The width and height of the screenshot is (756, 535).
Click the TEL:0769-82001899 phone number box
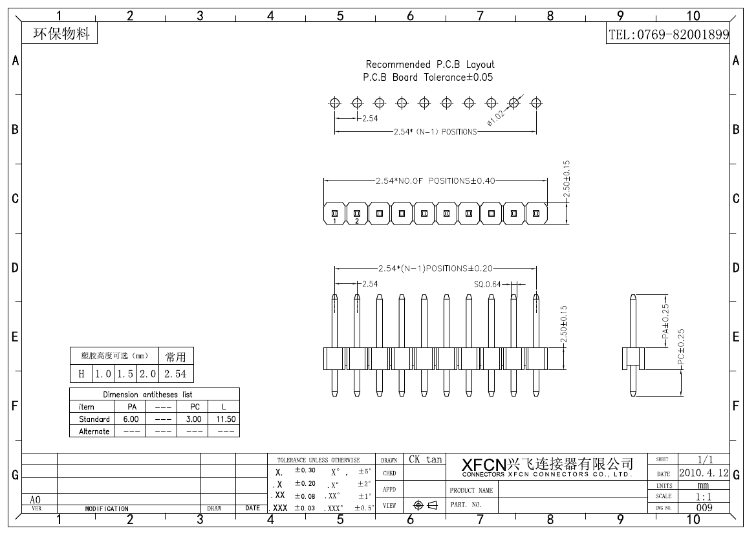pos(669,35)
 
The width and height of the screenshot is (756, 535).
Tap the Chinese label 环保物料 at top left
pos(61,34)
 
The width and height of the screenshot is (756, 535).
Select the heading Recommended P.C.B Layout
pos(430,65)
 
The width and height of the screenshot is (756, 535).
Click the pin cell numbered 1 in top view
pos(334,213)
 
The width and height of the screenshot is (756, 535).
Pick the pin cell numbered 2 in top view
pos(357,213)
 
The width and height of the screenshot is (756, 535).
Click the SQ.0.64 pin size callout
pos(488,284)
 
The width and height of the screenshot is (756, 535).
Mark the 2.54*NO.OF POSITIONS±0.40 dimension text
pos(435,181)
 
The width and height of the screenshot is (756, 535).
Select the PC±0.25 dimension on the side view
pos(680,349)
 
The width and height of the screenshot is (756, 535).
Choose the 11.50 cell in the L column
pos(226,419)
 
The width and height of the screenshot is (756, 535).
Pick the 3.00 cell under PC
pos(194,419)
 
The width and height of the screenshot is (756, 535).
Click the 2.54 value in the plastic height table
pos(175,374)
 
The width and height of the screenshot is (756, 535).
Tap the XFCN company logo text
pos(484,465)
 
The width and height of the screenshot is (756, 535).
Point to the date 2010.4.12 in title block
pos(704,474)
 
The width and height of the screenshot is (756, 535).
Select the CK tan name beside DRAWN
pos(425,460)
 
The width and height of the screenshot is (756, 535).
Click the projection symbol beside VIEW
pos(425,506)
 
